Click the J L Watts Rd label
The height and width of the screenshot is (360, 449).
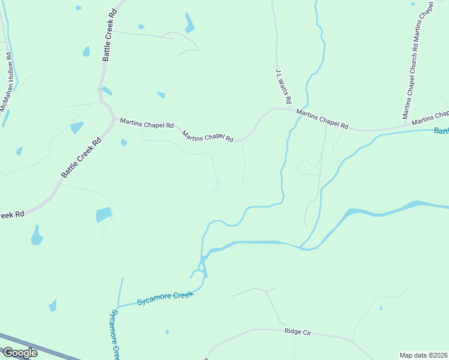coord(283,85)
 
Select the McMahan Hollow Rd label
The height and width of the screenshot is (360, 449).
coord(7,82)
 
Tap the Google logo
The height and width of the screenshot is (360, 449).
coord(20,353)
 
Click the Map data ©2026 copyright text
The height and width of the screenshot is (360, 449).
coord(423,355)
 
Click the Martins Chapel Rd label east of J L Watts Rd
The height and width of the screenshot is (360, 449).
coord(322,118)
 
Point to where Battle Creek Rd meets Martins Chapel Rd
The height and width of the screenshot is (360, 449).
coord(113,119)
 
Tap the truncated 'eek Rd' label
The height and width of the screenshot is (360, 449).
coord(11,214)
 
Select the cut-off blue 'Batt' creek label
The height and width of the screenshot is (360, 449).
coord(441,131)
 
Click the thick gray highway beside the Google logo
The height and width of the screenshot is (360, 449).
coord(54,351)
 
